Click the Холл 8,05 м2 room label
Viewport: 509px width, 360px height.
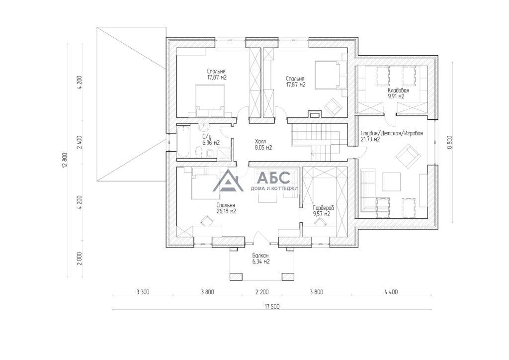pos(263,145)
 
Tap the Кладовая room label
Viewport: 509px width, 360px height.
pos(398,90)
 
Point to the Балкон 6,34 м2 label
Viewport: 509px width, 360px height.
pos(260,259)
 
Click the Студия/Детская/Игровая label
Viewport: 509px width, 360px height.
pos(392,133)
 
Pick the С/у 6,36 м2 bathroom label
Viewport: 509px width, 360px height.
pos(211,139)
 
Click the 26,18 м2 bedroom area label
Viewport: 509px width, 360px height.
pos(226,211)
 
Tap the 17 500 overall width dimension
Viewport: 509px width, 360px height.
pos(272,306)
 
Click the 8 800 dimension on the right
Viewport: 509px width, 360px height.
pos(449,142)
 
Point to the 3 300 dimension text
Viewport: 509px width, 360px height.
pos(143,292)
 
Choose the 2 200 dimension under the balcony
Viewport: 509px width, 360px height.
pos(262,292)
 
